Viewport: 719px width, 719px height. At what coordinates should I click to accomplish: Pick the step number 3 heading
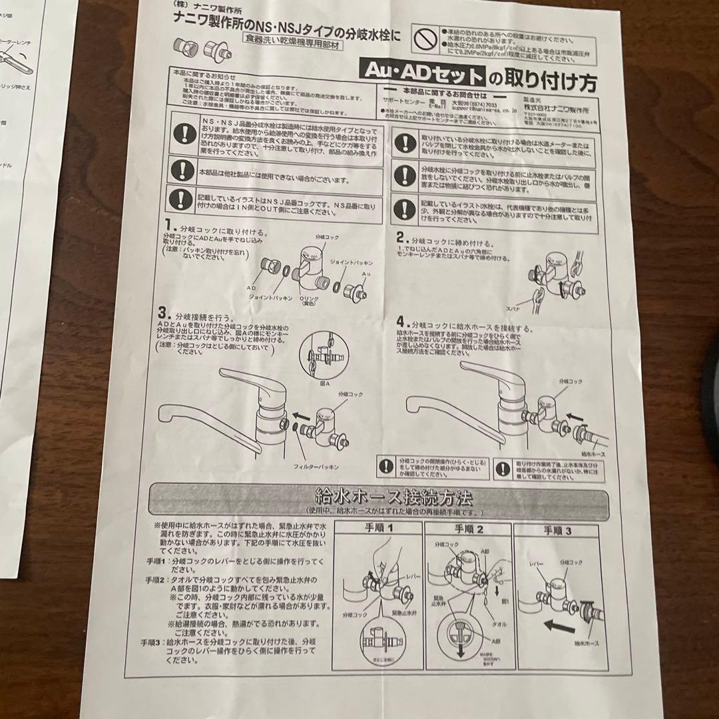pyautogui.click(x=162, y=312)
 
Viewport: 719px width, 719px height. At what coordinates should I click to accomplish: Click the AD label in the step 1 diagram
pyautogui.click(x=251, y=288)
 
